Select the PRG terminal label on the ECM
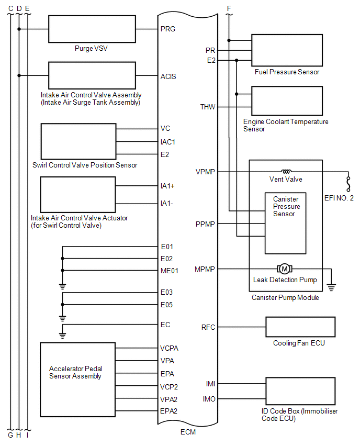pyautogui.click(x=168, y=29)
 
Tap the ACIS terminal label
pyautogui.click(x=168, y=76)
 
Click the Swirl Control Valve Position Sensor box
pyautogui.click(x=78, y=141)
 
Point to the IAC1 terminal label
pyautogui.click(x=168, y=142)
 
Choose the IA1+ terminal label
pyautogui.click(x=168, y=185)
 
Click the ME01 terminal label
pyautogui.click(x=170, y=271)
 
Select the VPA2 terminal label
pyautogui.click(x=169, y=399)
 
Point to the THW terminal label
pyautogui.click(x=207, y=107)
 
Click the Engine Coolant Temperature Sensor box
pyautogui.click(x=287, y=101)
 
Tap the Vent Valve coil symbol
pyautogui.click(x=286, y=171)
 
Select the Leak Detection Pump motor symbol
pyautogui.click(x=285, y=269)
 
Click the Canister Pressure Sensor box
pyautogui.click(x=286, y=222)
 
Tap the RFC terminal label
pyautogui.click(x=208, y=328)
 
